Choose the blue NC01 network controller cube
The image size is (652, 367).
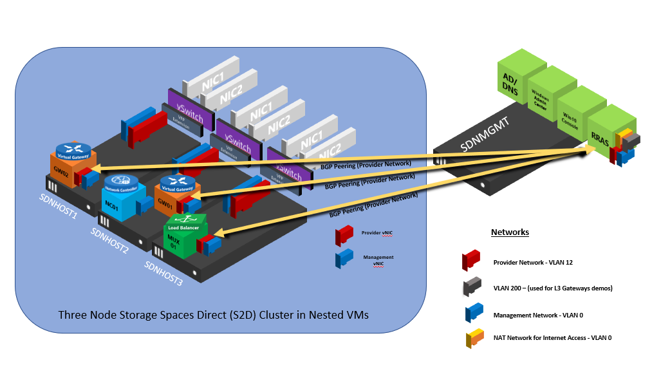[117, 197]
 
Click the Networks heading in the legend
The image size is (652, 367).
[510, 232]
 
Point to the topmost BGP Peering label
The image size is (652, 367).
[366, 165]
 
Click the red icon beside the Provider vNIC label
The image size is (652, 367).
[344, 235]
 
